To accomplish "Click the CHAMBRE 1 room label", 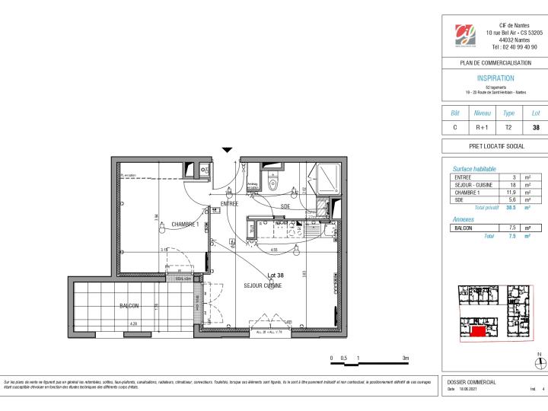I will (185, 225).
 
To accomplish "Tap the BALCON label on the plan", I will (129, 306).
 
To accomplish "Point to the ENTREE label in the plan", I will (230, 204).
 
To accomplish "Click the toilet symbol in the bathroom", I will (279, 183).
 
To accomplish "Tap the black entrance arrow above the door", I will (226, 151).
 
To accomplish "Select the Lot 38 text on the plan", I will (275, 276).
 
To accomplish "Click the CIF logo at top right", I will (464, 35).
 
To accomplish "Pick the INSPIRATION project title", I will (495, 78).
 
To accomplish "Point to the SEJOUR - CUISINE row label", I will (472, 185).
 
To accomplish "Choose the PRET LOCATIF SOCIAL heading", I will (495, 145).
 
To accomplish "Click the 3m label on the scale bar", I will (406, 357).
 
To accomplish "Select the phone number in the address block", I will (514, 47).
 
